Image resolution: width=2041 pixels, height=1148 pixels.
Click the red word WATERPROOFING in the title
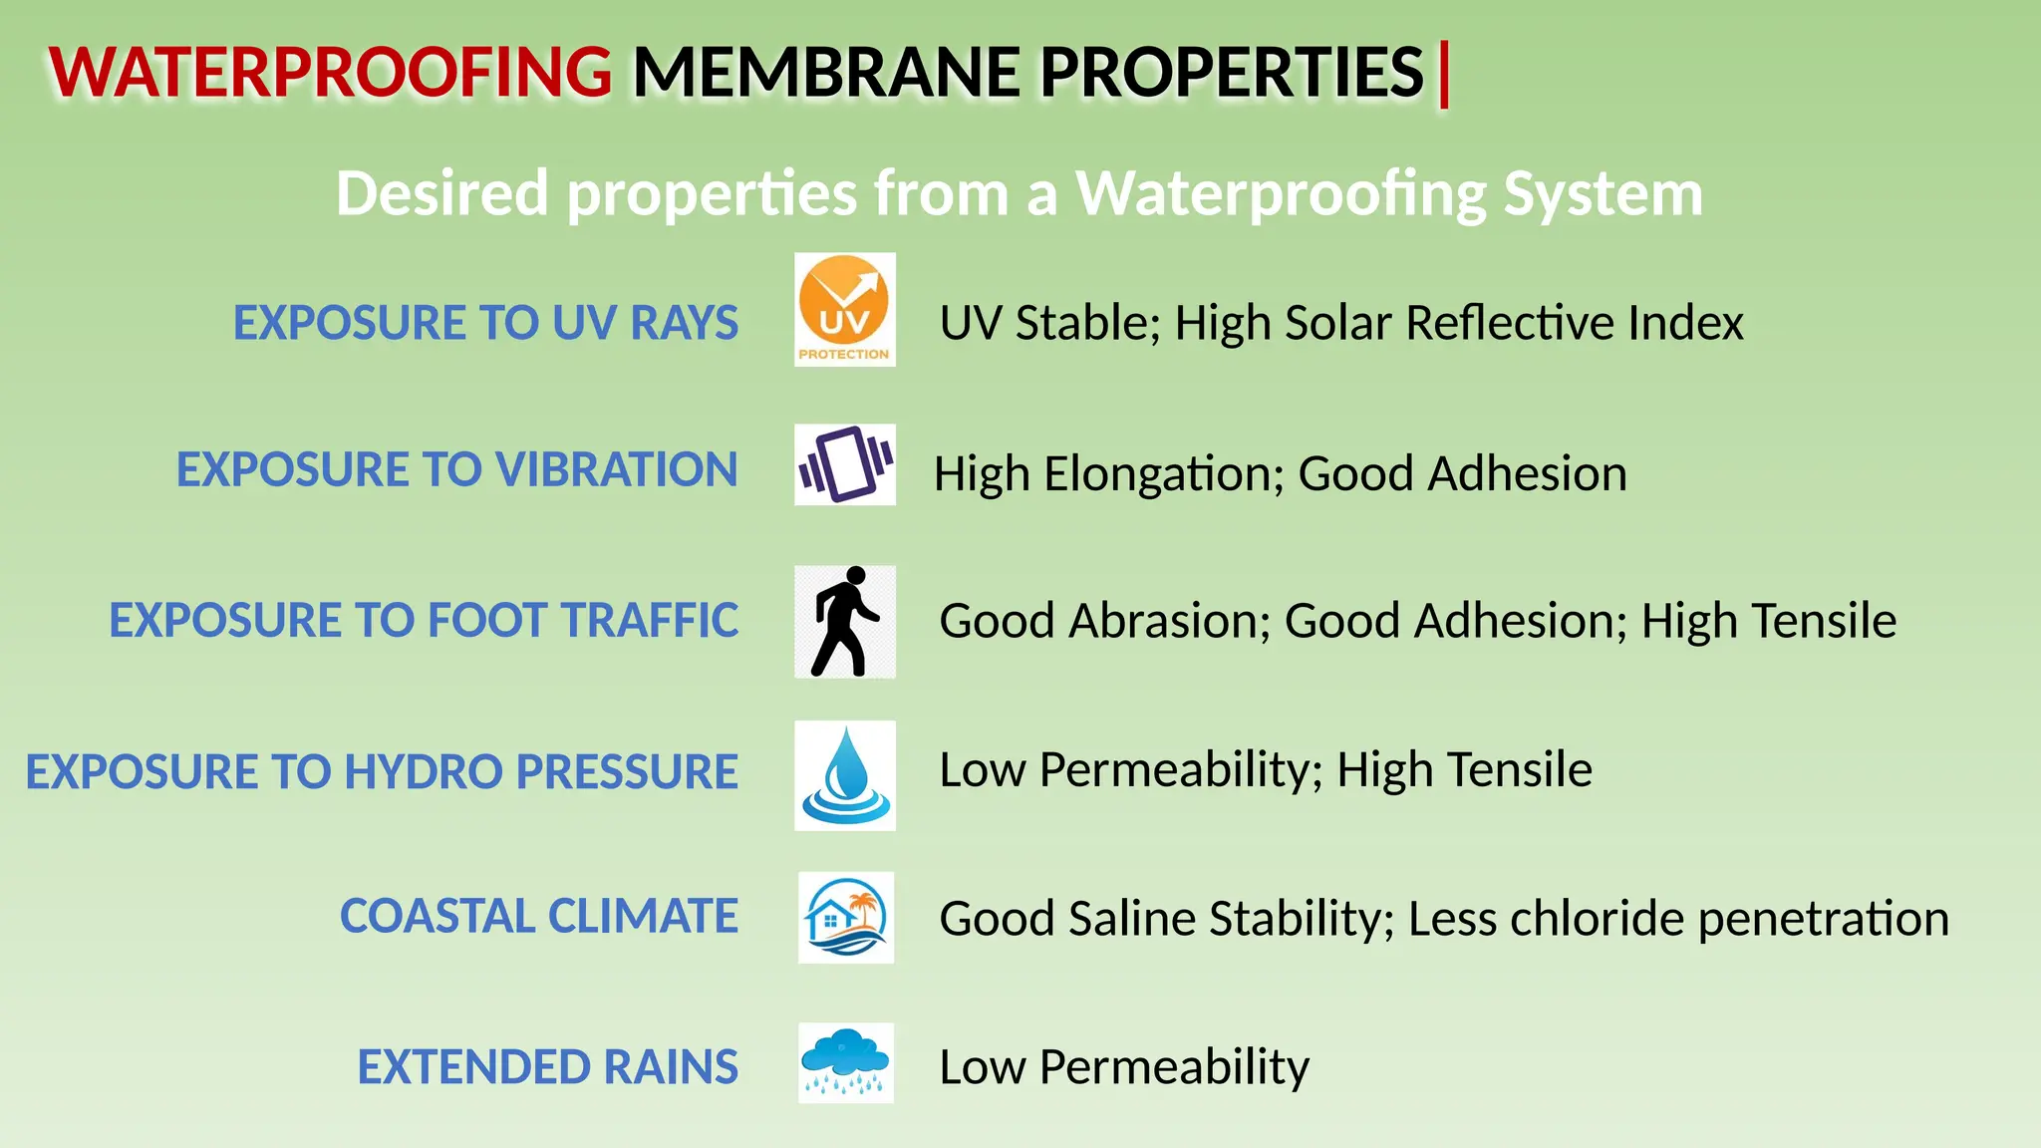coord(330,73)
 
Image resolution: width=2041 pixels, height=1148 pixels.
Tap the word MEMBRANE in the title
coord(826,73)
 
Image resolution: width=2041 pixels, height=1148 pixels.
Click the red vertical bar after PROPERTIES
coord(1444,73)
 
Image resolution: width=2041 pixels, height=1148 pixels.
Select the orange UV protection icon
coord(844,309)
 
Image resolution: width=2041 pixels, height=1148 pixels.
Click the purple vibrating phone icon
coord(844,464)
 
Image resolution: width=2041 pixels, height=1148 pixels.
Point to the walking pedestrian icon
coord(844,622)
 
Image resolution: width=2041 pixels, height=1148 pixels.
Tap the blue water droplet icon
coord(844,775)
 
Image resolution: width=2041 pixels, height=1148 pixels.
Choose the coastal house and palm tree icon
coord(845,918)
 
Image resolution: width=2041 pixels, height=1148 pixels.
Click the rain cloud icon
coord(845,1062)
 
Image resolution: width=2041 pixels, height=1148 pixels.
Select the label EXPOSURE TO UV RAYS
coord(485,323)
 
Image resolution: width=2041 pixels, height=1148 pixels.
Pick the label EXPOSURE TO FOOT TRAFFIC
coord(424,620)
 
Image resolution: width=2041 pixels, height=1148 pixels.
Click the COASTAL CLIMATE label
coord(538,916)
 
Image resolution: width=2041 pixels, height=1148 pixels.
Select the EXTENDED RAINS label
coord(547,1066)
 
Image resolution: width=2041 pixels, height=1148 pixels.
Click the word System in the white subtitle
coord(1603,192)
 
